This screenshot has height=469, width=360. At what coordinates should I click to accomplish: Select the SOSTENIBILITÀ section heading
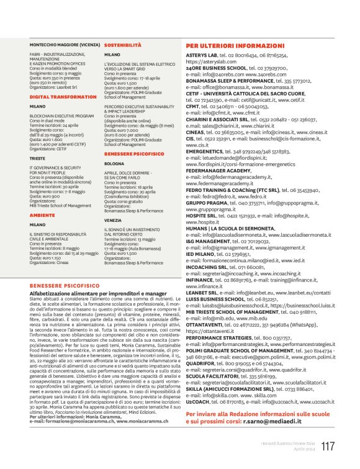123,46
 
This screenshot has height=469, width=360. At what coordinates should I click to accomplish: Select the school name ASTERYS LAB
202,55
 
